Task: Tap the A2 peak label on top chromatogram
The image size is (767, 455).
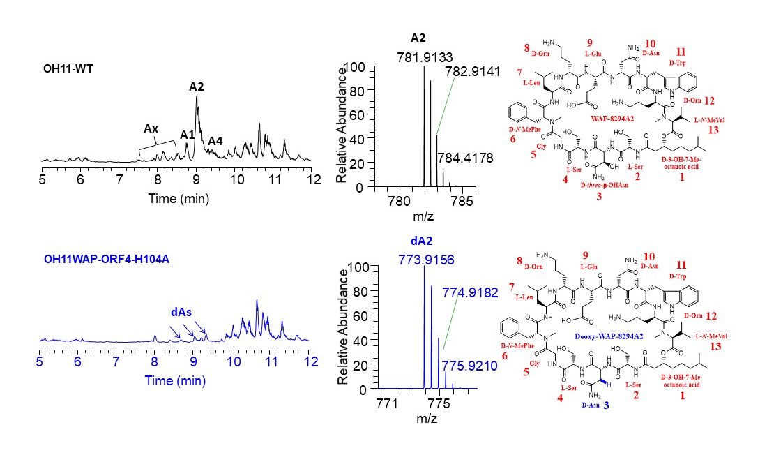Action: pyautogui.click(x=197, y=87)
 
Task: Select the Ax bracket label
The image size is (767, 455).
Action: pyautogui.click(x=151, y=128)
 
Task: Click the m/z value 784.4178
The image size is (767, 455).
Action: pyautogui.click(x=465, y=158)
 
